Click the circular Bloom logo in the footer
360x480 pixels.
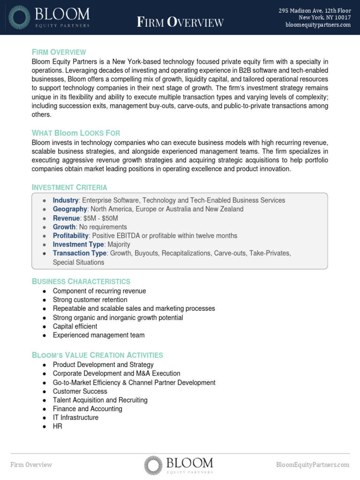pos(153,465)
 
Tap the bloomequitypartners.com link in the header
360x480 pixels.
pos(318,25)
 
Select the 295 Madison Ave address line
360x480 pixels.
pos(315,10)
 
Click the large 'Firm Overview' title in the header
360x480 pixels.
pos(180,22)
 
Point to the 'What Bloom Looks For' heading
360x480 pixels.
pos(76,133)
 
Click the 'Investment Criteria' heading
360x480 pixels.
pos(69,187)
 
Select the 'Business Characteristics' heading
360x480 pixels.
pos(81,281)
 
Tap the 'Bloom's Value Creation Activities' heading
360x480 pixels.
pos(97,355)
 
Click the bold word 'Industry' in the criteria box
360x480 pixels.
pos(66,200)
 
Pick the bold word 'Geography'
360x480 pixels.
pos(70,209)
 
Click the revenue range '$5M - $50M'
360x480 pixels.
pos(100,218)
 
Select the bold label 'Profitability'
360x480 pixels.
pos(70,236)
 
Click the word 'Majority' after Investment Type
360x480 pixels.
pos(119,244)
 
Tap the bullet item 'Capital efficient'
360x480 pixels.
pos(75,326)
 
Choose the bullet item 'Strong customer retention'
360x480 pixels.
pos(90,300)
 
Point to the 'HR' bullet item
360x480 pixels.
pos(57,427)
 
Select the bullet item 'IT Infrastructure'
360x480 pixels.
pos(75,418)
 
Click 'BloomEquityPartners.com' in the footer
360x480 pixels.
pos(313,465)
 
